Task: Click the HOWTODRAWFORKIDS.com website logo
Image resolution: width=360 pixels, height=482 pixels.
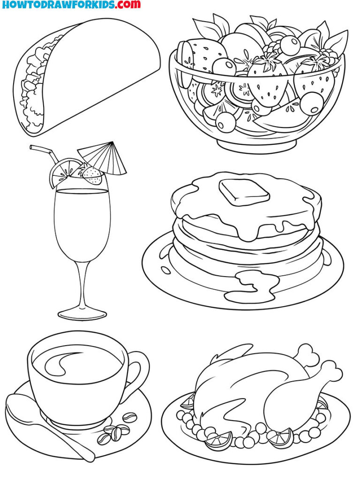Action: (x=71, y=5)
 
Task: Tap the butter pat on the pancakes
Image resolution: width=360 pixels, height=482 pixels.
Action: (x=244, y=190)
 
